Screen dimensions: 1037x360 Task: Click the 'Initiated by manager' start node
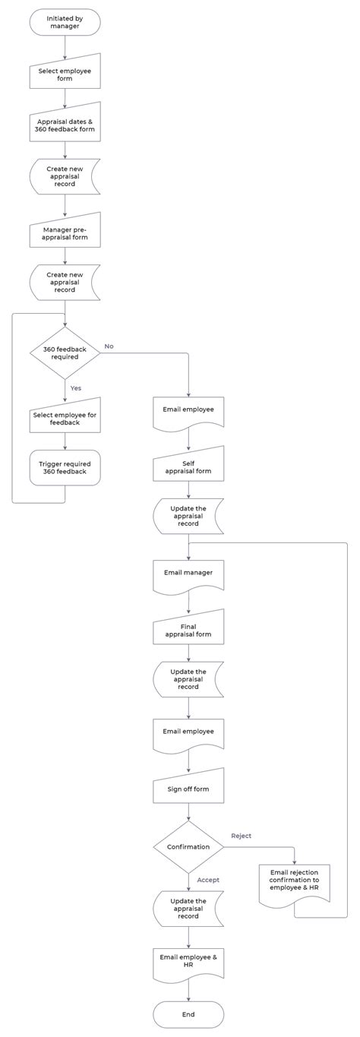pos(65,22)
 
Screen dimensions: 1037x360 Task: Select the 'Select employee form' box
pos(65,74)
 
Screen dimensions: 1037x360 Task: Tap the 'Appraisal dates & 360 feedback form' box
pos(65,125)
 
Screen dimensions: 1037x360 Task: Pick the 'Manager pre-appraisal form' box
pos(65,232)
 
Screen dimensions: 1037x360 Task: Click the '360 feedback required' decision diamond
pos(65,353)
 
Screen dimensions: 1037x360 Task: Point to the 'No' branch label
pos(109,346)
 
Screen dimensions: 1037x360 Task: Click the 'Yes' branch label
pos(76,388)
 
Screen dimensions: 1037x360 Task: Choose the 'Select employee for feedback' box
pos(65,419)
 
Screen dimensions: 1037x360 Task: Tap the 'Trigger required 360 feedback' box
pos(65,467)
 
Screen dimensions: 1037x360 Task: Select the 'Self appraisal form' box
pos(188,467)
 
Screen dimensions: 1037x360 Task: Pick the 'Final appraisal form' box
pos(188,631)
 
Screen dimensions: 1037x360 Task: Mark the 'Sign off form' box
pos(188,789)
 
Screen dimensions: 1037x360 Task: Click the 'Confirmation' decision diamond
pos(188,846)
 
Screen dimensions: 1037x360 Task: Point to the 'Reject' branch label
pos(241,836)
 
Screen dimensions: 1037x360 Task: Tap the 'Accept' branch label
pos(207,880)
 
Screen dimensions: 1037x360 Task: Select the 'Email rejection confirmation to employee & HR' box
pos(294,884)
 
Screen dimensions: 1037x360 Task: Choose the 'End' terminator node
pos(188,1014)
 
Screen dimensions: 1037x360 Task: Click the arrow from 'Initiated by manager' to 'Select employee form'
pos(65,47)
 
